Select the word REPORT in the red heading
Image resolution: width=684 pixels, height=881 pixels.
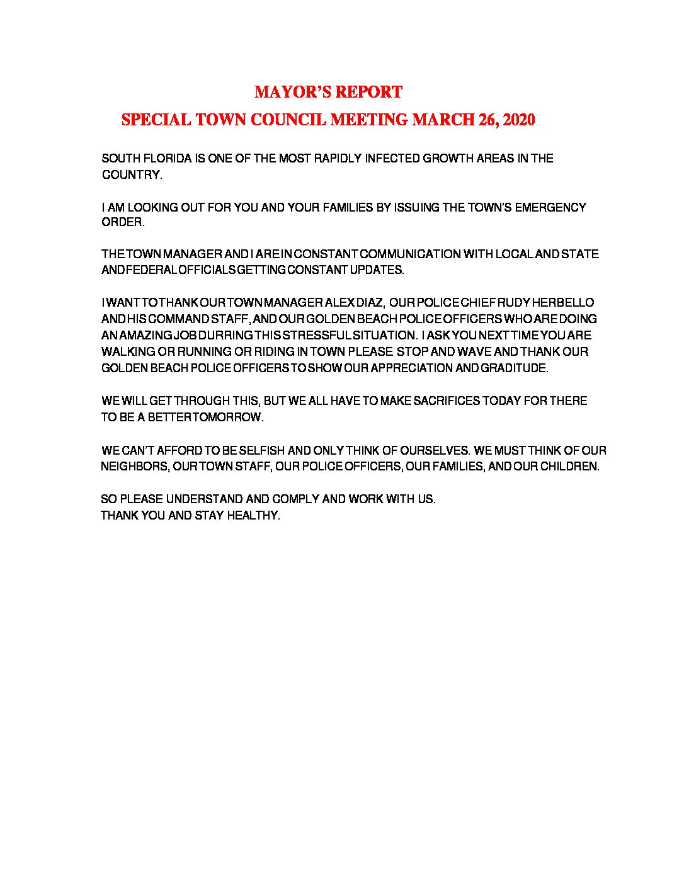368,92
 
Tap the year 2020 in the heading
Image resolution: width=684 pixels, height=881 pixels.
519,120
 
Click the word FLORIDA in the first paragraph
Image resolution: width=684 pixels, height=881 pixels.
164,158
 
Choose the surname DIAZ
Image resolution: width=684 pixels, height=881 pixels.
369,303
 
